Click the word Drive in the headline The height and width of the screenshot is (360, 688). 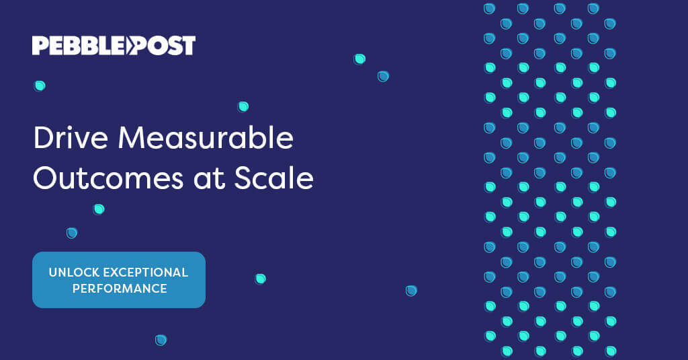tap(69, 139)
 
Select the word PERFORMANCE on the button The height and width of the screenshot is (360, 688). tap(119, 289)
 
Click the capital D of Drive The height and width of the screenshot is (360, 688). tap(43, 139)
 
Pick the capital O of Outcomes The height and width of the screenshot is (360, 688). tap(46, 178)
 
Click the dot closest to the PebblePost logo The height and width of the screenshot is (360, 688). tap(40, 85)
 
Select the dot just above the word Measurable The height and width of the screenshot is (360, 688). tap(243, 106)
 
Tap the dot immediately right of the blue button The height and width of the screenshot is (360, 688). tap(260, 279)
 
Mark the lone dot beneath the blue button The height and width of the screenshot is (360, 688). tap(161, 340)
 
